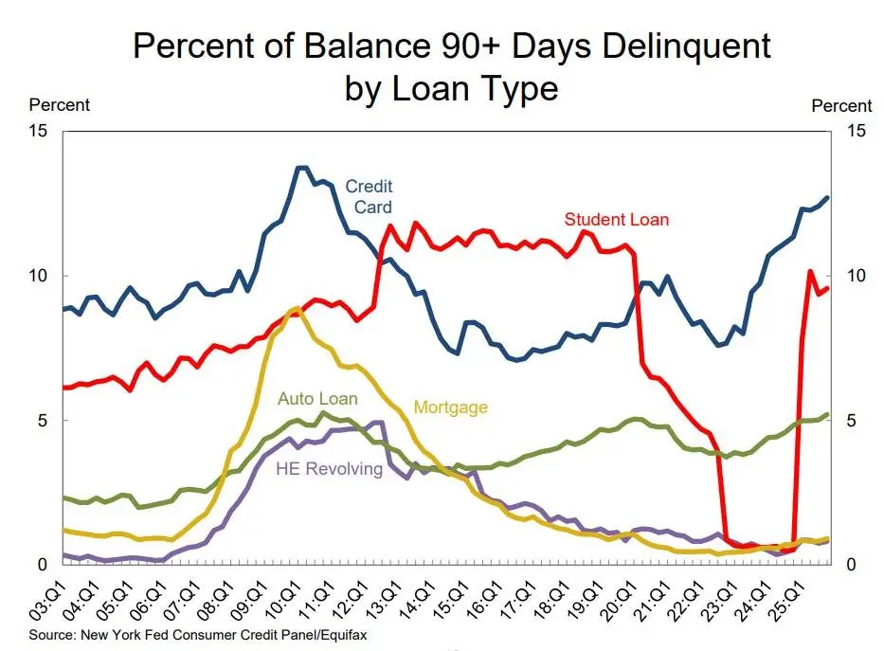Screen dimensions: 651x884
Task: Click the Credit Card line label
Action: (369, 196)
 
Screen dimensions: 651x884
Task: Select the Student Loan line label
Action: (616, 220)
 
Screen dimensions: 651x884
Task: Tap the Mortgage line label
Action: (450, 407)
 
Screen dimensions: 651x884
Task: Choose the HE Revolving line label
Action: (329, 469)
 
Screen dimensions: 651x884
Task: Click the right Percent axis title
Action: (841, 106)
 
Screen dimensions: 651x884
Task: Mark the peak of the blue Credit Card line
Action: (301, 168)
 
